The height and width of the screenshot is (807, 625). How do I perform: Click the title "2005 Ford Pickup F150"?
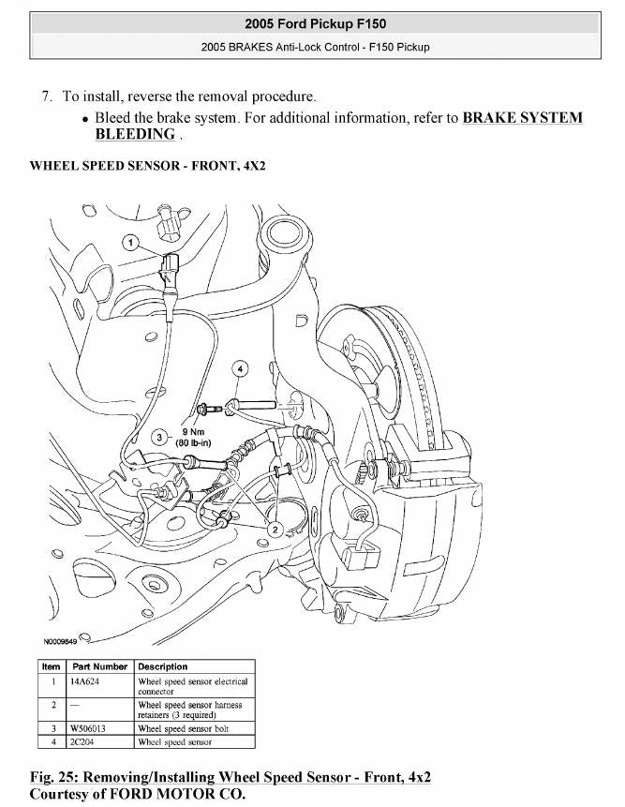[315, 23]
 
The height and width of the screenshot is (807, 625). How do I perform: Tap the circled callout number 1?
[132, 243]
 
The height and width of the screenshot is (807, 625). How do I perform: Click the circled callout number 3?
[160, 438]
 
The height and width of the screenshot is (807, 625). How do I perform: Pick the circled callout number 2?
[275, 530]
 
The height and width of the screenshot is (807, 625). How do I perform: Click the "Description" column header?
[163, 666]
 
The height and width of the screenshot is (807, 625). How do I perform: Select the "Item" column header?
[51, 666]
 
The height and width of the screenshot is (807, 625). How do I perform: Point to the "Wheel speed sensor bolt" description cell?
[183, 728]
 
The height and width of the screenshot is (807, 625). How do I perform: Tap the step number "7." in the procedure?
[47, 96]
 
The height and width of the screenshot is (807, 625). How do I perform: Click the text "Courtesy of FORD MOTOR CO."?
[138, 794]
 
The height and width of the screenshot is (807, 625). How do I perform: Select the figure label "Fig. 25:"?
[57, 777]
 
